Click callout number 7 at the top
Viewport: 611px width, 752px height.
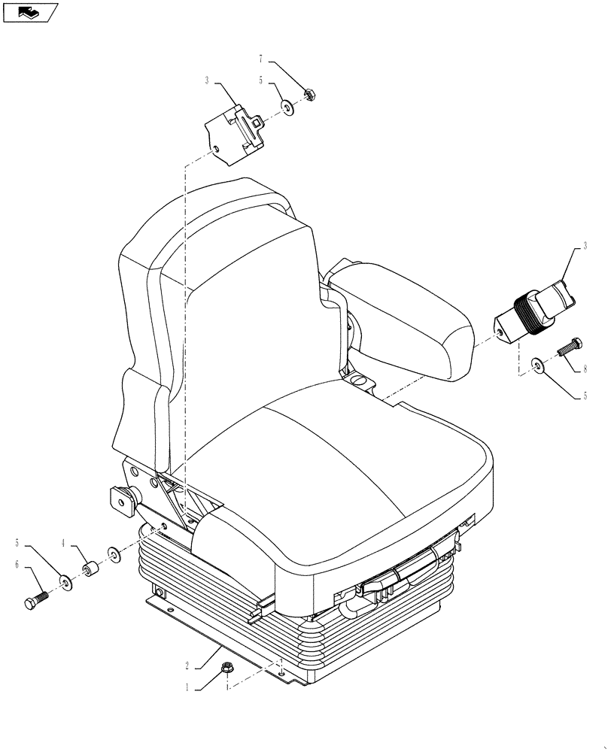pyautogui.click(x=261, y=59)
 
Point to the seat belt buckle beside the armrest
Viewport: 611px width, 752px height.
pyautogui.click(x=536, y=311)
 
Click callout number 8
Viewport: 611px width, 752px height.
pyautogui.click(x=584, y=369)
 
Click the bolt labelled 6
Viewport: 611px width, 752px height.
pyautogui.click(x=35, y=599)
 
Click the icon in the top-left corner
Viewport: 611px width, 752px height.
pyautogui.click(x=31, y=12)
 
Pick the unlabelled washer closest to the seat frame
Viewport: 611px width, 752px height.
pyautogui.click(x=114, y=555)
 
